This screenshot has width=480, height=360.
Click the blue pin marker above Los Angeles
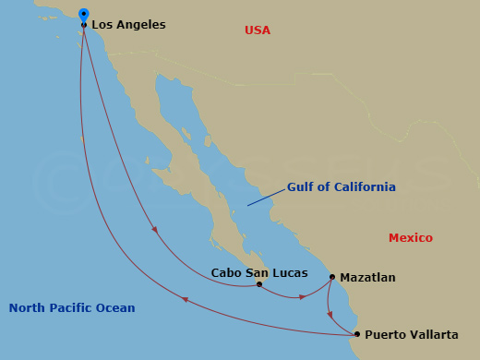click(84, 15)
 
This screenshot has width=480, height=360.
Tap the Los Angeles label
click(128, 25)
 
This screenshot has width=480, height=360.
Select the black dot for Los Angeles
click(84, 25)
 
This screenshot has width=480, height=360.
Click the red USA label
click(258, 30)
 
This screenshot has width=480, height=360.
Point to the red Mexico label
click(410, 238)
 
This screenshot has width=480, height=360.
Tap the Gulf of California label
click(341, 186)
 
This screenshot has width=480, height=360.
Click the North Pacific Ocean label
click(72, 308)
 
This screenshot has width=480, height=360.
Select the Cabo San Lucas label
click(259, 272)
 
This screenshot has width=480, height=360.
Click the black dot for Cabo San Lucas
click(259, 284)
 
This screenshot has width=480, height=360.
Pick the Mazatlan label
click(367, 277)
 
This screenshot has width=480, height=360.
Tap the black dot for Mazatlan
click(332, 276)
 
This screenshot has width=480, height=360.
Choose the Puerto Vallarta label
click(411, 334)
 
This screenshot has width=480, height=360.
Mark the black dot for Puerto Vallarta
click(357, 334)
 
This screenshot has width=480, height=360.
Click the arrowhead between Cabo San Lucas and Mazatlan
click(303, 297)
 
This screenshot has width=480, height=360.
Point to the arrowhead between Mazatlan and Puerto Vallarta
click(330, 314)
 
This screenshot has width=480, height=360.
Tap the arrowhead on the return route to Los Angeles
click(185, 299)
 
